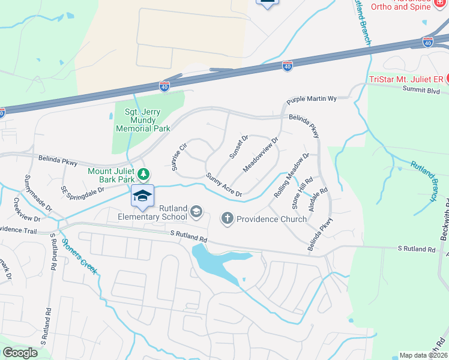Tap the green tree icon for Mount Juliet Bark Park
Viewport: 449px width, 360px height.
coord(143,174)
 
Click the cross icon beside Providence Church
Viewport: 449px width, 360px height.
coord(227,218)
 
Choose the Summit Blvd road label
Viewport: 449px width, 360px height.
coord(424,91)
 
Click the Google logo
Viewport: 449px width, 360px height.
coord(20,353)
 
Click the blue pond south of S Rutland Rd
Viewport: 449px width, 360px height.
coord(213,259)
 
